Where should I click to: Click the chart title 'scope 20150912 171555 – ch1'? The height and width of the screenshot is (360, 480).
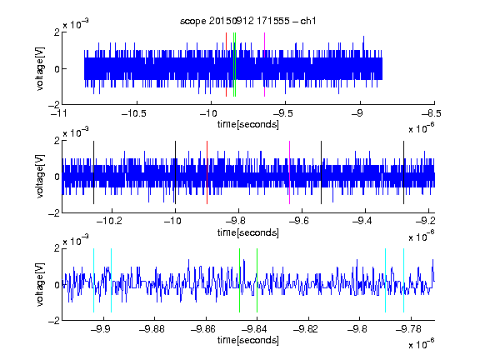248,21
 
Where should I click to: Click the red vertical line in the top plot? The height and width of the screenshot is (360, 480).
226,65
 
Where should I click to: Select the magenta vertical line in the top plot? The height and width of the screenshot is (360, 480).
264,65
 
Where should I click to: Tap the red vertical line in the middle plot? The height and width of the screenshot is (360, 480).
207,172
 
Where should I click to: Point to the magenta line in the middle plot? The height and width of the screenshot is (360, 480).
290,172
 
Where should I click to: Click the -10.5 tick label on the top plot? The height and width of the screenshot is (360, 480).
134,114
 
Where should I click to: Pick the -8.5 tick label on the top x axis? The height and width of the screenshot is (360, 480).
431,114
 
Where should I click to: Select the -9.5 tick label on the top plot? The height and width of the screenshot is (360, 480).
282,114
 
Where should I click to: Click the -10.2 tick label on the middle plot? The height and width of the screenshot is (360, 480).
109,221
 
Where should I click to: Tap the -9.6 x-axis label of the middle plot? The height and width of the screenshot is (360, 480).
298,221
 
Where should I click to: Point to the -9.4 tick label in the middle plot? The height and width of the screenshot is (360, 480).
362,221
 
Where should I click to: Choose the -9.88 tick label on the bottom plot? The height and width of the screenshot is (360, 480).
152,329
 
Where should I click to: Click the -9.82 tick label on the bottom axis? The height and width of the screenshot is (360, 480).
306,329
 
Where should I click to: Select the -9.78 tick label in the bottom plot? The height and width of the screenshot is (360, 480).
408,329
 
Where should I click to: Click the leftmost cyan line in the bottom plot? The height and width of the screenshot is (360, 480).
93,280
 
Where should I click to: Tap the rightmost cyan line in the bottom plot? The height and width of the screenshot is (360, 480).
403,280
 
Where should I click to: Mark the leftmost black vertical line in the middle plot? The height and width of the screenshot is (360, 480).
93,172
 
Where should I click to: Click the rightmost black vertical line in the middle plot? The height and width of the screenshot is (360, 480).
403,172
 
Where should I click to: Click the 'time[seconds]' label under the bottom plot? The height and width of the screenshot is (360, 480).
248,340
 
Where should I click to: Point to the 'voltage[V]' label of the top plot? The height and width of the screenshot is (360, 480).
40,68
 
